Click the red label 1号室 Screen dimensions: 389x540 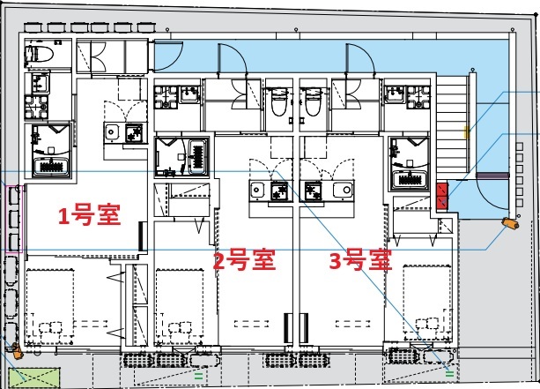coord(89,215)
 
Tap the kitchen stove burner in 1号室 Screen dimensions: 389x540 coord(135,133)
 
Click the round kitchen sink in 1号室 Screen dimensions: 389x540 coord(111,133)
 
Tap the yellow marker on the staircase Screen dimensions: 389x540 coord(467,133)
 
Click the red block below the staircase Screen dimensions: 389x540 coord(443,194)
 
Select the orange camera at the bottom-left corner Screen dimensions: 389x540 coord(18,354)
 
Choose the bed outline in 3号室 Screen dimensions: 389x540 coord(426,304)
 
